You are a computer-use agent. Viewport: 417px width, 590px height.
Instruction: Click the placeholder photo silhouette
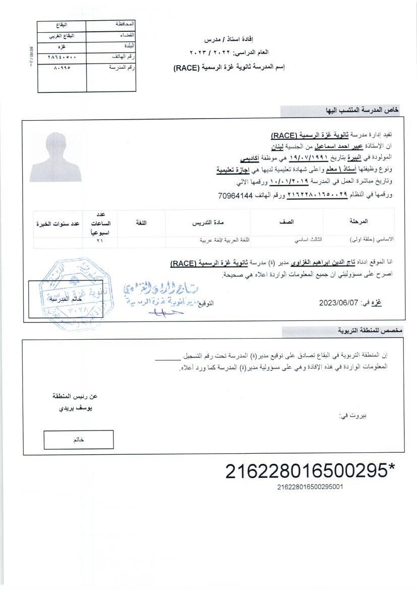(x=55, y=157)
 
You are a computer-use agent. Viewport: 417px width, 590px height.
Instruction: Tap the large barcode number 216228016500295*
(x=310, y=471)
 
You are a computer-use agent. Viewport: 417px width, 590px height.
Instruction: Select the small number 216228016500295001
(x=310, y=487)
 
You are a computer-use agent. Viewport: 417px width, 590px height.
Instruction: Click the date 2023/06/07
(x=338, y=303)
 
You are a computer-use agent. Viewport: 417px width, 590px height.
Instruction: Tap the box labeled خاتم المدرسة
(x=66, y=299)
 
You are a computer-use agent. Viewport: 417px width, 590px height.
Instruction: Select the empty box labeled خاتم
(x=79, y=440)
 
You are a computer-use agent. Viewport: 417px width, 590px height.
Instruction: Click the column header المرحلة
(x=358, y=222)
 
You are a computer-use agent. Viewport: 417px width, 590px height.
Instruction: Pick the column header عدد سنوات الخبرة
(x=58, y=223)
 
